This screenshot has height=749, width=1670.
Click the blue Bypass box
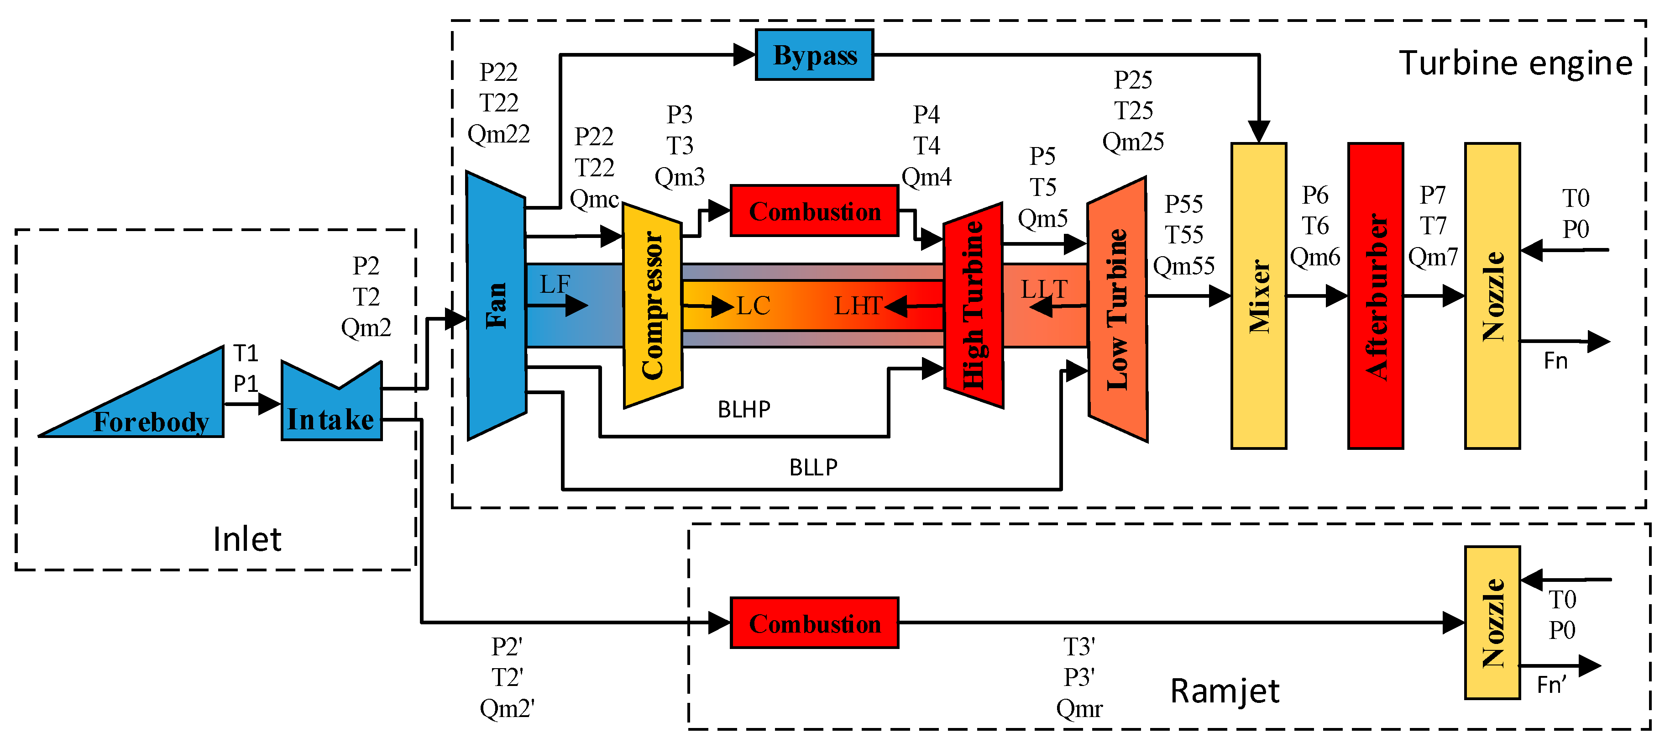coord(814,55)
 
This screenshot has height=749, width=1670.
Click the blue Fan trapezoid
coord(497,305)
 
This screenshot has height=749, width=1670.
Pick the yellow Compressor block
coord(652,305)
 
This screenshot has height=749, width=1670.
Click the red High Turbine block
coord(973,305)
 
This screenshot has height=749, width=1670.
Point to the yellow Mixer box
coord(1258,295)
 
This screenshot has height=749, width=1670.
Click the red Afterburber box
coord(1376,295)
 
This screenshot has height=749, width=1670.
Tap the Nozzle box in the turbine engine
coord(1492,295)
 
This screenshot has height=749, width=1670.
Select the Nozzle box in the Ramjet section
coord(1492,622)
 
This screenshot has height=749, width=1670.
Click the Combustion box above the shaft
coord(814,211)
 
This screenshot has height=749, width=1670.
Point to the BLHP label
coord(743,410)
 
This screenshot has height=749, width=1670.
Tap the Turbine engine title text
coord(1515,63)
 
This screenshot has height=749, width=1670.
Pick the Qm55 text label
coord(1183,266)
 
